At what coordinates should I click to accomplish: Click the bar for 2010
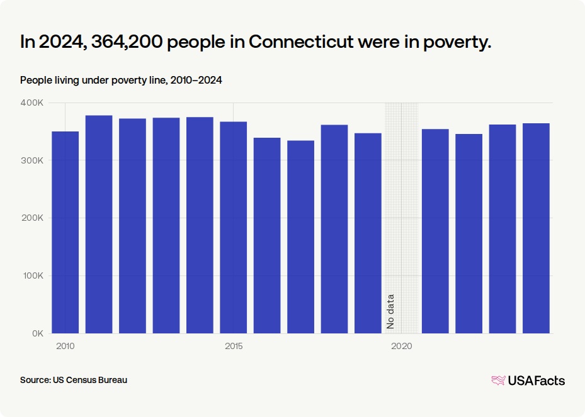tap(65, 232)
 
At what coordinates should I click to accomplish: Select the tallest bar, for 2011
tap(99, 225)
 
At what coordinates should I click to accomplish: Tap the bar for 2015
tap(233, 227)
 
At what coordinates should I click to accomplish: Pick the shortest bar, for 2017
tap(301, 236)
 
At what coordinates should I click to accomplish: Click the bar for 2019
tap(368, 233)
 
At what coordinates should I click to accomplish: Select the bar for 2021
tap(435, 231)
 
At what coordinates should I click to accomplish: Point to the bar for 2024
tap(536, 228)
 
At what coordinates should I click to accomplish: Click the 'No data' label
tap(390, 311)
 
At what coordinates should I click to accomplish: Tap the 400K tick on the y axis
tap(32, 103)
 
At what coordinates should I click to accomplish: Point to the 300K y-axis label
tap(32, 160)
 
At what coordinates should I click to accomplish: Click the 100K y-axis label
tap(33, 275)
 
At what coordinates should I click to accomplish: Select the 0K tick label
tap(38, 333)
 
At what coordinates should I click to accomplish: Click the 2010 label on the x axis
tap(65, 346)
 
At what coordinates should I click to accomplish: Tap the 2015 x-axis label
tap(234, 346)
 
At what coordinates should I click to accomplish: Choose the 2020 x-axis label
tap(402, 346)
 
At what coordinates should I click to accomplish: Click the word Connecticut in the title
tap(301, 42)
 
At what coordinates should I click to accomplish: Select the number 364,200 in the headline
tap(127, 42)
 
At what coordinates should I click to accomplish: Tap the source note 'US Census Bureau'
tap(90, 380)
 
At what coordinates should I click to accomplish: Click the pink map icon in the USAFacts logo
tap(499, 381)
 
